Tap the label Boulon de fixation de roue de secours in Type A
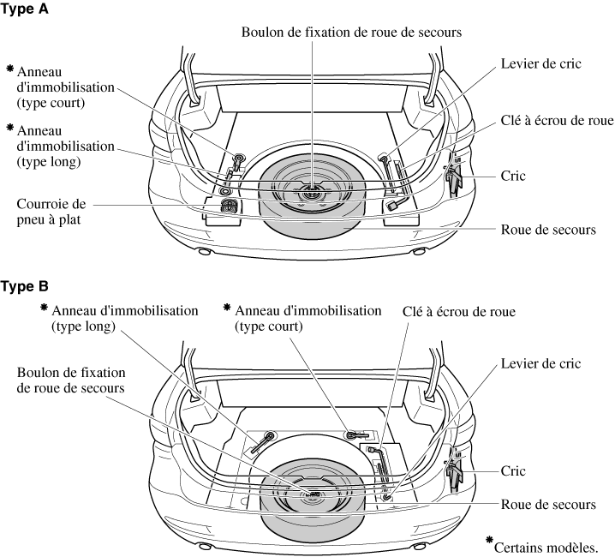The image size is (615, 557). coord(351,33)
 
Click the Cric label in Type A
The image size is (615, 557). coord(514,175)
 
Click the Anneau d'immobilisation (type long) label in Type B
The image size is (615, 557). coord(125,317)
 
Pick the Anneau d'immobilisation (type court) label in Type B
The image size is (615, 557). coord(307,317)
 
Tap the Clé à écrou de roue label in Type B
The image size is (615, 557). coord(459,313)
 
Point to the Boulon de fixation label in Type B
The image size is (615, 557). coord(71,380)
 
